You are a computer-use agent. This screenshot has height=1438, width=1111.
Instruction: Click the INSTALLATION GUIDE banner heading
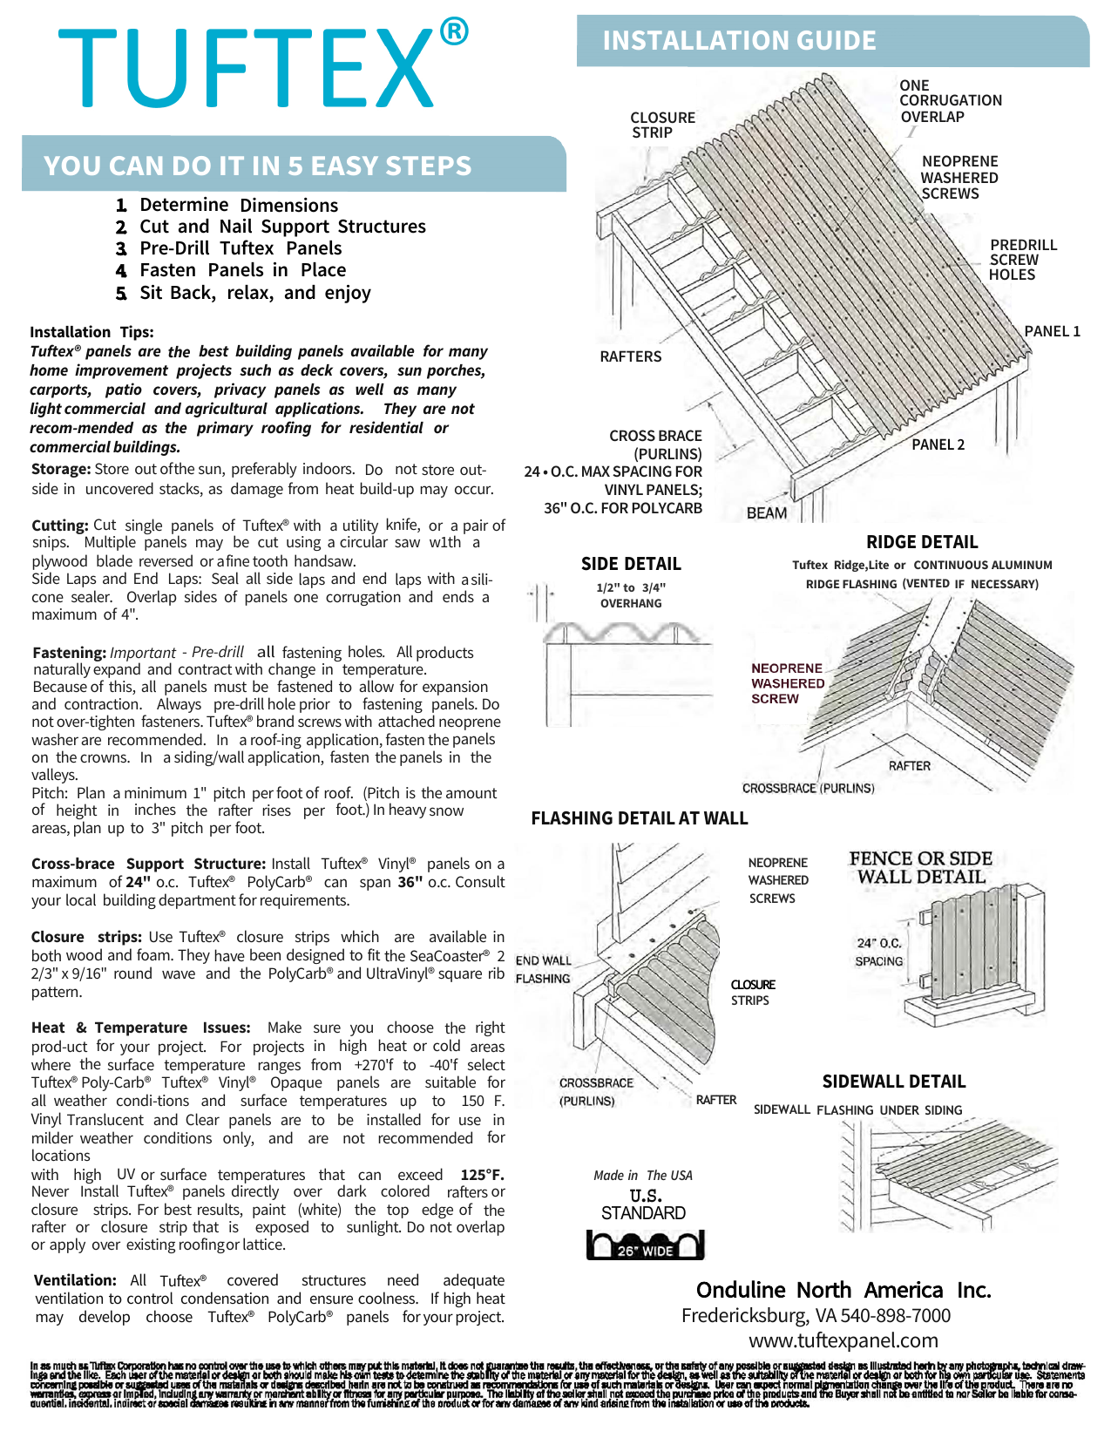point(739,41)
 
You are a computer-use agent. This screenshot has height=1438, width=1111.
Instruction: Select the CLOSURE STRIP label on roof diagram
point(662,125)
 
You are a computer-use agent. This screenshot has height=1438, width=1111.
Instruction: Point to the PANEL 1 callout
point(1052,331)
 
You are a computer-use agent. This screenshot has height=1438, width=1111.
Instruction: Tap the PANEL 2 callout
point(938,444)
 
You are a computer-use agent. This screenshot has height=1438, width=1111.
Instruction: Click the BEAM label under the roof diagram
point(767,513)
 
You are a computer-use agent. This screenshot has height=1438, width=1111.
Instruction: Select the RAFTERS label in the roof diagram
point(630,356)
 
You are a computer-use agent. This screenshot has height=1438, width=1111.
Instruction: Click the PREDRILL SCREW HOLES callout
point(1022,260)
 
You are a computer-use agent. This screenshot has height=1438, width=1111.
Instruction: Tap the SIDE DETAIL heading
point(631,564)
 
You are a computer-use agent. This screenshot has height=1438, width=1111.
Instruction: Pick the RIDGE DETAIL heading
point(922,542)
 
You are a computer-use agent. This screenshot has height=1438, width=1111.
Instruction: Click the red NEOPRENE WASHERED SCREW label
point(787,683)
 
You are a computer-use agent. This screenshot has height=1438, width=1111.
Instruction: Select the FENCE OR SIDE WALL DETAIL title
point(920,868)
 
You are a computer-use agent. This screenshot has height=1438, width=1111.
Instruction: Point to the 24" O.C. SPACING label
point(878,952)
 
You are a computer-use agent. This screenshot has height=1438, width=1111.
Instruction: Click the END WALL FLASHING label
point(543,969)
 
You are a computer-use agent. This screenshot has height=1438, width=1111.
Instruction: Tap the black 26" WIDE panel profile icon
point(645,1245)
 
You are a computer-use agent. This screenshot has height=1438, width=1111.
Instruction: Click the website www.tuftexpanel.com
point(843,1340)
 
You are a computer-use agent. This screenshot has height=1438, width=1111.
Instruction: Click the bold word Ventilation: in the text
point(75,1280)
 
